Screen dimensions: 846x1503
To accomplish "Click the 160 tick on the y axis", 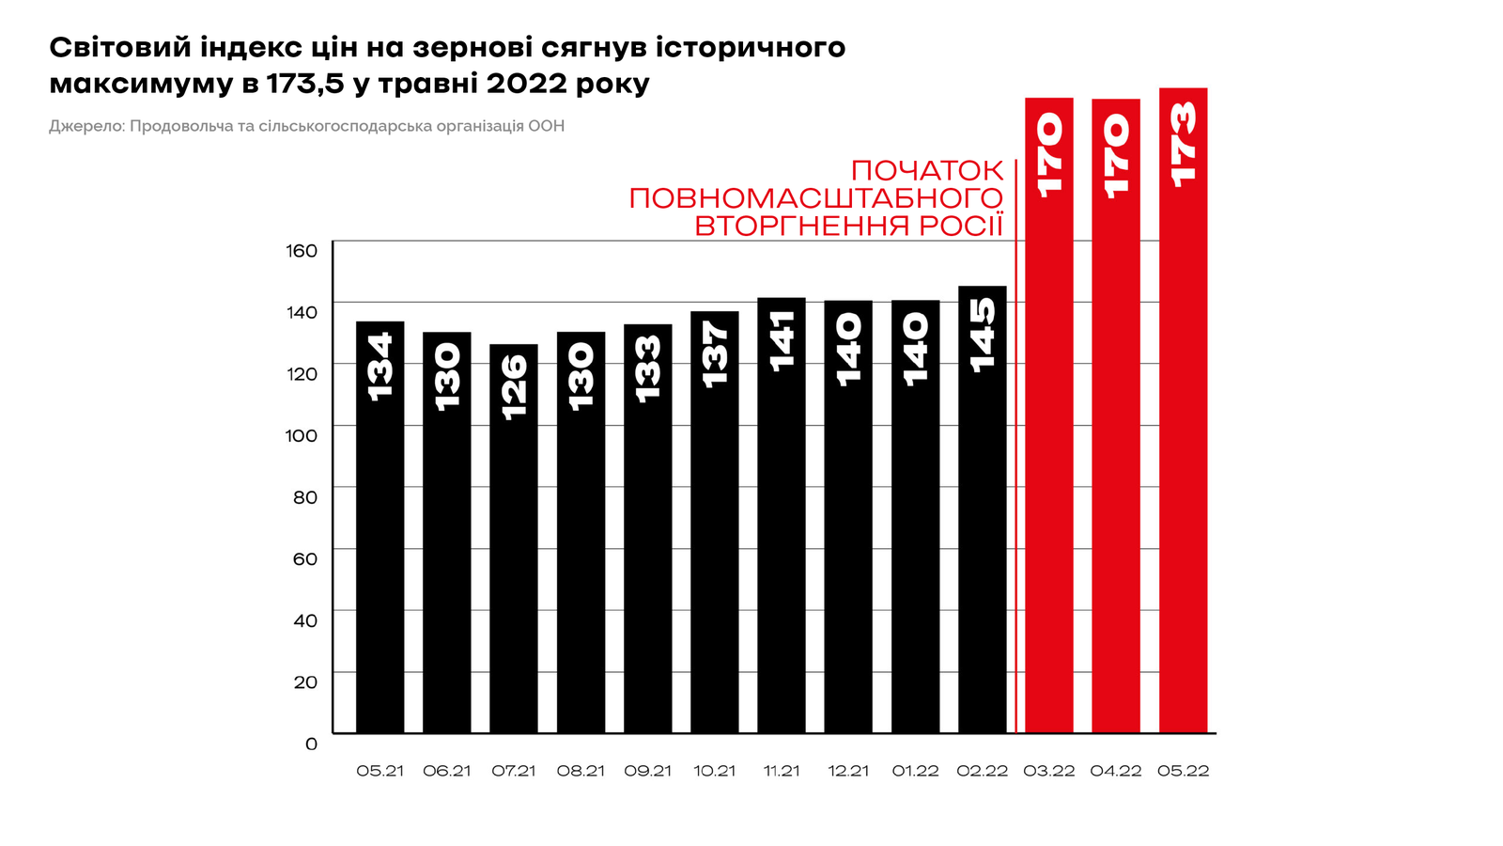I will (x=302, y=250).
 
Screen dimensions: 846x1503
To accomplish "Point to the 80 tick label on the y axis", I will (x=305, y=497).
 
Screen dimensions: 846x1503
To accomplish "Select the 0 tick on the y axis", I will (x=312, y=744).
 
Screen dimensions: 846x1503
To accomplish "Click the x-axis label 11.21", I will (x=782, y=771).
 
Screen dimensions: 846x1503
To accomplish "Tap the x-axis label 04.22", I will (x=1116, y=771).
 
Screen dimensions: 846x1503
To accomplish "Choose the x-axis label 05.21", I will (x=380, y=771).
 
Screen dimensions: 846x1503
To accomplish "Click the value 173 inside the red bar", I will (x=1183, y=144).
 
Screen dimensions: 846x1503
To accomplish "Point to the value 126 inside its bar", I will (x=514, y=386).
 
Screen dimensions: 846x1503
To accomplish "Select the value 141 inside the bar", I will (x=782, y=340).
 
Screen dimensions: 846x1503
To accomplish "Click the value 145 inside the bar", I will (x=982, y=336).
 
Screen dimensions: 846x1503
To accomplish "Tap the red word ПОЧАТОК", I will (x=926, y=171).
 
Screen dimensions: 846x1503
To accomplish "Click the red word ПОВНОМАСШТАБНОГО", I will (x=815, y=198).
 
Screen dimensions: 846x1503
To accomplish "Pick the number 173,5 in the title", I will (x=307, y=84).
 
